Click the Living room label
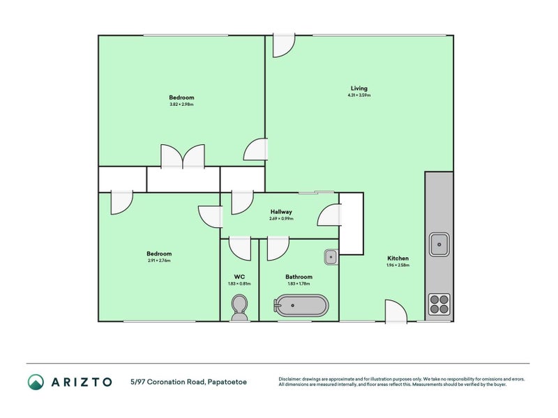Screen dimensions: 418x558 [359, 88]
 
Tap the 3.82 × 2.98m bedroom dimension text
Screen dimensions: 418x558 [181, 104]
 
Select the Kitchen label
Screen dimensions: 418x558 [398, 258]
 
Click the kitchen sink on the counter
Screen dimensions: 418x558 [439, 243]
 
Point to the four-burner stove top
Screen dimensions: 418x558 [439, 304]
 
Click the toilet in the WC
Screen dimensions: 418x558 [239, 307]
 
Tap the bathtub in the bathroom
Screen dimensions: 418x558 [300, 306]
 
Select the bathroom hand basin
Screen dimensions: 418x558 [331, 257]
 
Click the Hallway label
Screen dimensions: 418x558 [281, 212]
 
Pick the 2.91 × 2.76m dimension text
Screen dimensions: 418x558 [159, 261]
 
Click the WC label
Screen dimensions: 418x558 [239, 277]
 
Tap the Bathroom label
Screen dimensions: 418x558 [299, 277]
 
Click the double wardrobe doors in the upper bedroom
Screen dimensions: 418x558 [183, 157]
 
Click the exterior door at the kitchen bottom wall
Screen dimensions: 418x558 [395, 311]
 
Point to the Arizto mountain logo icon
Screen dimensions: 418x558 [36, 381]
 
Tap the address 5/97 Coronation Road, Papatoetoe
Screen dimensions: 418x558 [188, 382]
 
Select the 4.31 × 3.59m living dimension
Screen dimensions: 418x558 [359, 95]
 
